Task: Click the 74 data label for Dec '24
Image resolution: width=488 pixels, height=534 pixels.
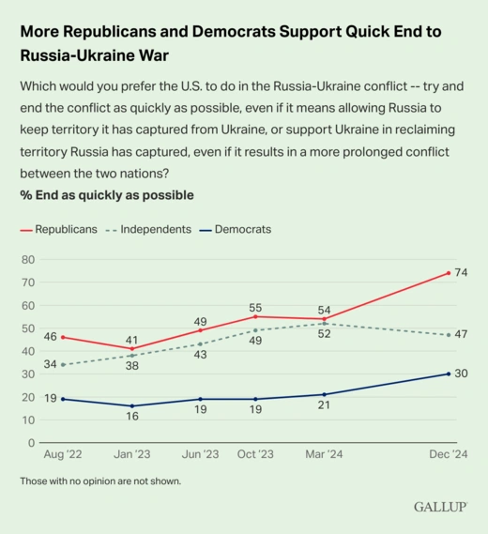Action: pos(461,273)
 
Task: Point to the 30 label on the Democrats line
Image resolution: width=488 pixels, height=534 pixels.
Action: pos(461,374)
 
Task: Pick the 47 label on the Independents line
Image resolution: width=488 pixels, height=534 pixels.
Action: pos(461,335)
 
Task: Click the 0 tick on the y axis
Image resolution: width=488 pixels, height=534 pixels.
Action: pos(31,443)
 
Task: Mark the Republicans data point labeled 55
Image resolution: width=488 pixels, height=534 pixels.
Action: pos(255,316)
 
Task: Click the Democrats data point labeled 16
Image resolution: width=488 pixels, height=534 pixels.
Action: pos(131,406)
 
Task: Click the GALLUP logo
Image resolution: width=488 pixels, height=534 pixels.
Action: pos(440,508)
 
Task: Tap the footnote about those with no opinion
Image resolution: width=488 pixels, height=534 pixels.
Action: pos(99,481)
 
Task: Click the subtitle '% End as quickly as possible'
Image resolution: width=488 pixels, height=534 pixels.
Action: pos(107,195)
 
